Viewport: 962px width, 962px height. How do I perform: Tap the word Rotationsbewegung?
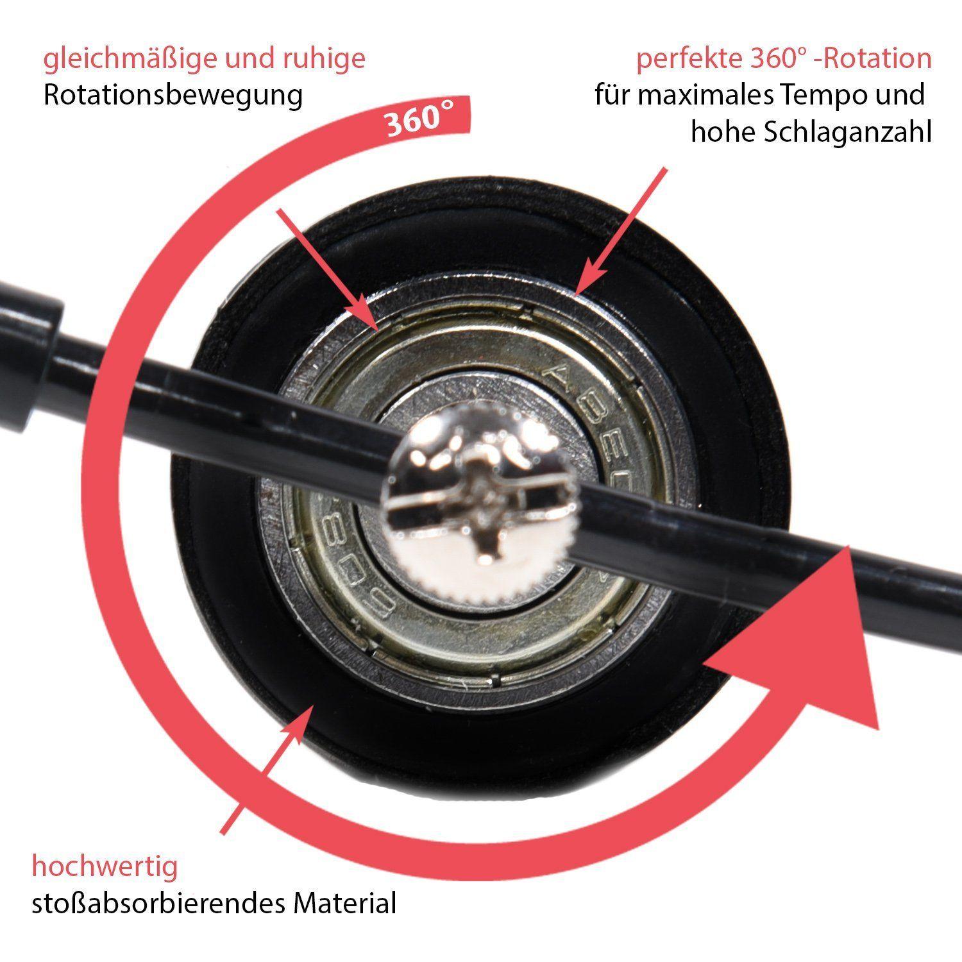coord(173,95)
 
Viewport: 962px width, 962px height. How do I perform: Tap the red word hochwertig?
coord(105,867)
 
